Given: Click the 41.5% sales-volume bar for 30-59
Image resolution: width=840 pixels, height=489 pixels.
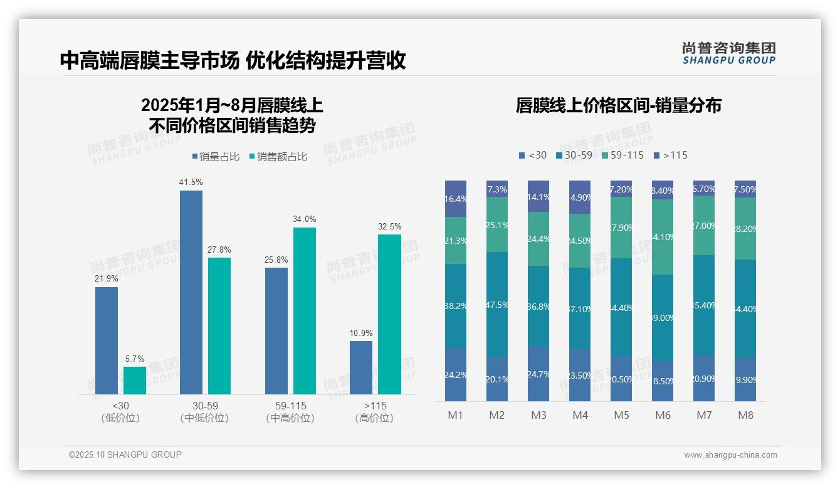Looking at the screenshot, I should (x=191, y=292).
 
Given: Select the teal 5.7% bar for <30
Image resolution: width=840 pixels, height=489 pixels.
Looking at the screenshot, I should (x=135, y=381).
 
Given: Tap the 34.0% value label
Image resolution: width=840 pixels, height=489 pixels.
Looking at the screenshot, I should (x=305, y=219).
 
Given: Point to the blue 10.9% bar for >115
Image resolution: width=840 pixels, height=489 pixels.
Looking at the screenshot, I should (x=361, y=368).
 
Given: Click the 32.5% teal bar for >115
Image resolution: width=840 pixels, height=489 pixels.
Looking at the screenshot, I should (x=389, y=314).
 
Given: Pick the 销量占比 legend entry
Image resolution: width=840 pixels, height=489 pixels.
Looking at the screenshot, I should (x=215, y=157).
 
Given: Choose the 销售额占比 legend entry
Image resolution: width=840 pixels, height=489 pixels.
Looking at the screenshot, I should (x=278, y=157).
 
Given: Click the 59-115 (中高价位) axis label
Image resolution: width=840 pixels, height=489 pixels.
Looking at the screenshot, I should (x=290, y=412).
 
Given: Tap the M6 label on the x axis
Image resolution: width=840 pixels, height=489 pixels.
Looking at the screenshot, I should (x=663, y=415).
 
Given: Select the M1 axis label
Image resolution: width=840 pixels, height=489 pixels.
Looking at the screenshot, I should (x=456, y=415).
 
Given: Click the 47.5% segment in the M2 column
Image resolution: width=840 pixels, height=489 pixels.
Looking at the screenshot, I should (x=497, y=305).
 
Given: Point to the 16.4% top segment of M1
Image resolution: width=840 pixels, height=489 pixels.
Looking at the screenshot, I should (x=456, y=199).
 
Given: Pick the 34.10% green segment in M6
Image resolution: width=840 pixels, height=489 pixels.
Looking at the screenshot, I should (x=663, y=237).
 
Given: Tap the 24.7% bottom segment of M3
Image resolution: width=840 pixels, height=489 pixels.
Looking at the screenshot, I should (x=538, y=374).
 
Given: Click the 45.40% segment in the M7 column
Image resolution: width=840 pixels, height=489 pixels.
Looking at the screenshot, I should (x=704, y=305).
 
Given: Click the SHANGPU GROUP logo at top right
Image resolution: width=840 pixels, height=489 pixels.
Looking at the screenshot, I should (x=728, y=53).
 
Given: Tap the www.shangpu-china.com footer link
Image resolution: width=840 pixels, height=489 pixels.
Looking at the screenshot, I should (x=730, y=455).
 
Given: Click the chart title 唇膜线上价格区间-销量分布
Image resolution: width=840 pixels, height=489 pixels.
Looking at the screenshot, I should (x=618, y=105).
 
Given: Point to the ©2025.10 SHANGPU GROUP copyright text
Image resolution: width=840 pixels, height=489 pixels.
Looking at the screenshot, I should (x=125, y=455).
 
